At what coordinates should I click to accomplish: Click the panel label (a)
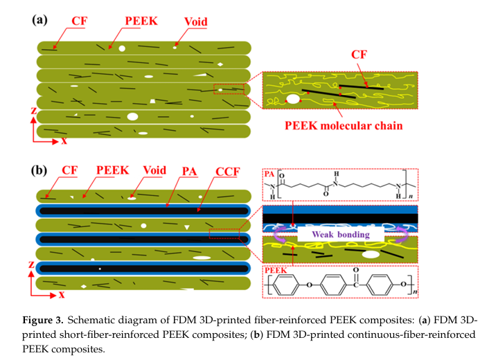[x=40, y=19]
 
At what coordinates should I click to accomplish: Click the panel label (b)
[x=40, y=168]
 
